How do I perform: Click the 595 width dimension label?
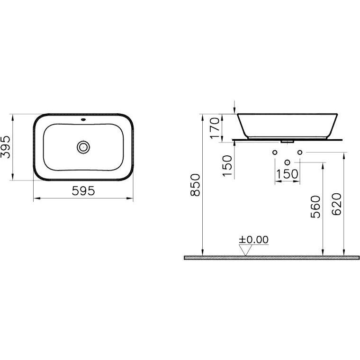(83, 190)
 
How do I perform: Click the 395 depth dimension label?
(6, 147)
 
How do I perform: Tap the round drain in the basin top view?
(83, 147)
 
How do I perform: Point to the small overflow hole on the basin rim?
(83, 119)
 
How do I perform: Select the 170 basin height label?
(215, 128)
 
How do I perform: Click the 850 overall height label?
(195, 185)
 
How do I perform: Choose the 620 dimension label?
(337, 204)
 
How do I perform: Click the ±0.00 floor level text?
(253, 240)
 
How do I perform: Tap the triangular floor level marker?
(245, 250)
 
